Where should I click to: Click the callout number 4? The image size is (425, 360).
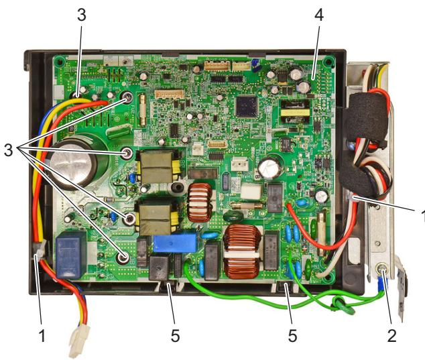pos(319,15)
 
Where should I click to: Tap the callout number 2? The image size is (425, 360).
pos(391,336)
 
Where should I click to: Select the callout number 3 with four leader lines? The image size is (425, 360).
pos(9,149)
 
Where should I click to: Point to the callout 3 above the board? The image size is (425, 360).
pos(82,15)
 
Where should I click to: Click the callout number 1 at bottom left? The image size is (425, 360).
pos(42,336)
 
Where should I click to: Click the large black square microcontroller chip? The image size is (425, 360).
pos(247,106)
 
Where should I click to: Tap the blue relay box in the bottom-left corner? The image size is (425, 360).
pos(71,254)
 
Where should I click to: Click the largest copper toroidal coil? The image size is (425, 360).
pos(242,251)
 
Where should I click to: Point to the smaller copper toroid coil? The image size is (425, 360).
pos(200,202)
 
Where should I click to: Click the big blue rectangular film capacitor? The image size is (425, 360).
pos(175,243)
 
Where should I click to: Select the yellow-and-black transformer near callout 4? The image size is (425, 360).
pos(295,112)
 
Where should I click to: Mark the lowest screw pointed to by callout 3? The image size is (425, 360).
pos(123,257)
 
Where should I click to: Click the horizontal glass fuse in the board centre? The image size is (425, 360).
pos(247,206)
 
